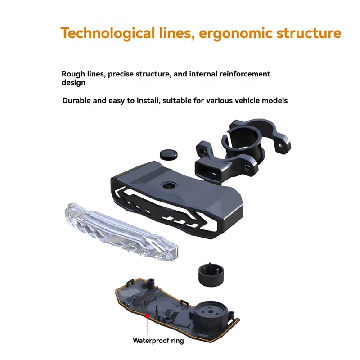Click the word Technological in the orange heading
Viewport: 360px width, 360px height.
coord(108,33)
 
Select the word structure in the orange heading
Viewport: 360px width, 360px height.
coord(309,33)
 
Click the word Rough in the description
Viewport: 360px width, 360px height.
coord(73,74)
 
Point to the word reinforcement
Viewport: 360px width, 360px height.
coord(245,74)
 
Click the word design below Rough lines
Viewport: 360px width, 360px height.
coord(73,83)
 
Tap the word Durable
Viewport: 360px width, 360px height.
coord(76,100)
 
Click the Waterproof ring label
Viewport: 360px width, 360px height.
coord(158,340)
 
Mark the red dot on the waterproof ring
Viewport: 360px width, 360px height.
coord(147,316)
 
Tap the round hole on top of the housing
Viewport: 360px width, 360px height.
coord(169,185)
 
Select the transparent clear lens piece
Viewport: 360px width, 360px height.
coord(121,232)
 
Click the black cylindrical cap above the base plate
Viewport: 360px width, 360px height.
coord(211,275)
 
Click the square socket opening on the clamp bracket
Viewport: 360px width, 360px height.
coord(208,170)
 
